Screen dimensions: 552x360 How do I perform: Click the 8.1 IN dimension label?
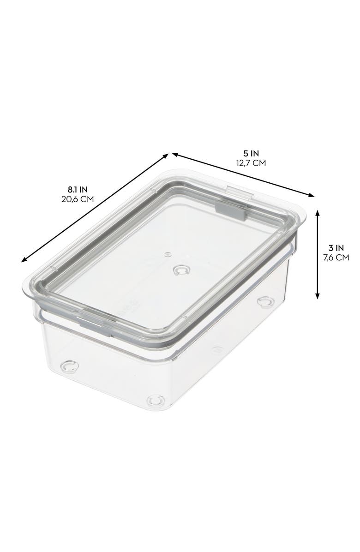pos(77,189)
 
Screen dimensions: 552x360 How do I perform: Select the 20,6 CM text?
pos(77,199)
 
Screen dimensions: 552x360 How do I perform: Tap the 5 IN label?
pos(252,153)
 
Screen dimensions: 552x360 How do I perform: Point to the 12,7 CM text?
pos(252,163)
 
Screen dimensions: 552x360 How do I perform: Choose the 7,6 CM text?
pos(336,258)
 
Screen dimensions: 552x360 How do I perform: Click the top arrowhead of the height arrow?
pos(318,213)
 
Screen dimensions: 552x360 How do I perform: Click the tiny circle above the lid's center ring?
pos(168,254)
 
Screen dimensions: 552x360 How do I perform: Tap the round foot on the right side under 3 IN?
pos(265,302)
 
